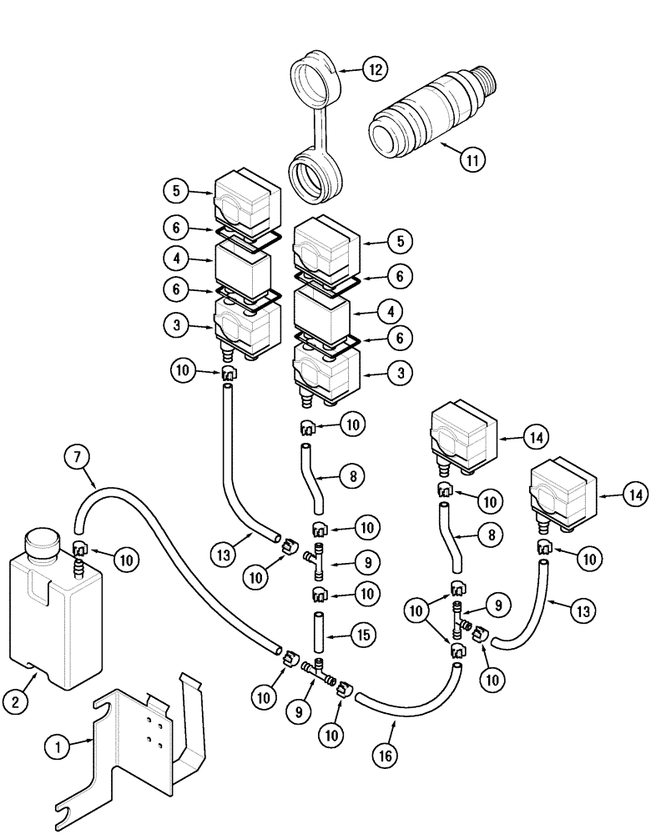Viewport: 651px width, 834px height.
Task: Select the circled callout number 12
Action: (374, 69)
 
